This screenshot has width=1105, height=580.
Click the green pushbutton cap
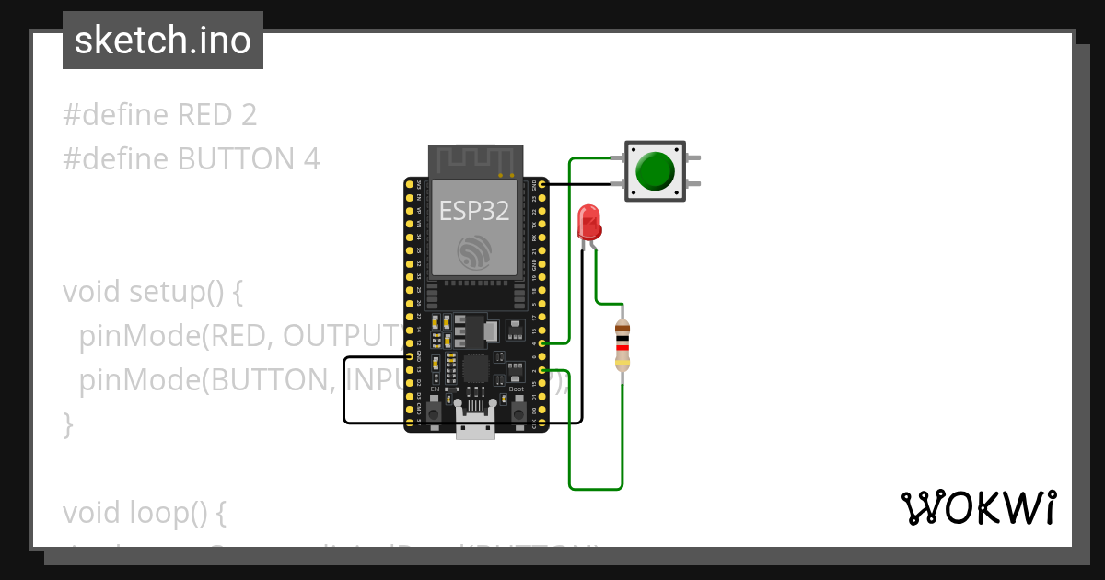pyautogui.click(x=655, y=171)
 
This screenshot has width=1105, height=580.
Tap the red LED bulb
pyautogui.click(x=587, y=223)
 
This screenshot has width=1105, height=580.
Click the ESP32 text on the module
pyautogui.click(x=473, y=211)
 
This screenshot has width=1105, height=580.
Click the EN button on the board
pyautogui.click(x=434, y=410)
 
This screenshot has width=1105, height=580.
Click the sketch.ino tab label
pyautogui.click(x=163, y=41)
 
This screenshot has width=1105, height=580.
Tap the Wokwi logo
pyautogui.click(x=978, y=507)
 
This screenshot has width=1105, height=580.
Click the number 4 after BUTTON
pyautogui.click(x=311, y=159)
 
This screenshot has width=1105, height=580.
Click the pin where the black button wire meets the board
pyautogui.click(x=543, y=185)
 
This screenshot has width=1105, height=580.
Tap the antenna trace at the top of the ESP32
pyautogui.click(x=473, y=160)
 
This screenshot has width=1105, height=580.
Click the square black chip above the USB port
pyautogui.click(x=475, y=369)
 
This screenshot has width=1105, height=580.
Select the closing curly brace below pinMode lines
pyautogui.click(x=67, y=424)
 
